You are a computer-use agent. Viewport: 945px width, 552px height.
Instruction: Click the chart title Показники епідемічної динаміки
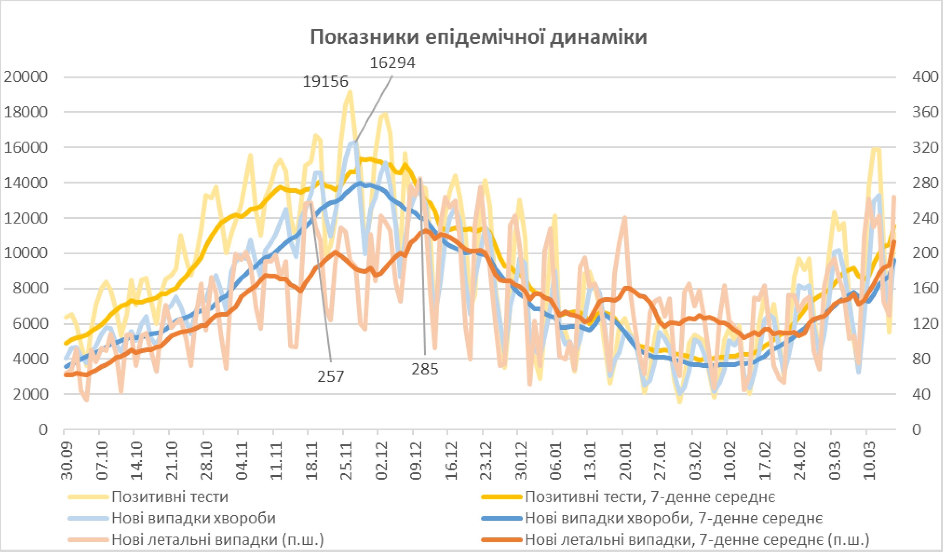click(478, 37)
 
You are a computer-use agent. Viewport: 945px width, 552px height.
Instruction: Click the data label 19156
click(326, 81)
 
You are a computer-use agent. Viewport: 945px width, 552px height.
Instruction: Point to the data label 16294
click(392, 63)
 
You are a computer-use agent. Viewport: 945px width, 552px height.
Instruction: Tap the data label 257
click(330, 377)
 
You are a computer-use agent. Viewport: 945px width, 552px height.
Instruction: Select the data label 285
click(424, 369)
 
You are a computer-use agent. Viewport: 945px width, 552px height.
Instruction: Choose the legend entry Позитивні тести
click(170, 497)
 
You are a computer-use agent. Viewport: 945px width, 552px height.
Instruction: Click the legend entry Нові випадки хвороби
click(193, 518)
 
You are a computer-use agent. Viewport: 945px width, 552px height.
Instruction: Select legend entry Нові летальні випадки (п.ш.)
click(217, 540)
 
